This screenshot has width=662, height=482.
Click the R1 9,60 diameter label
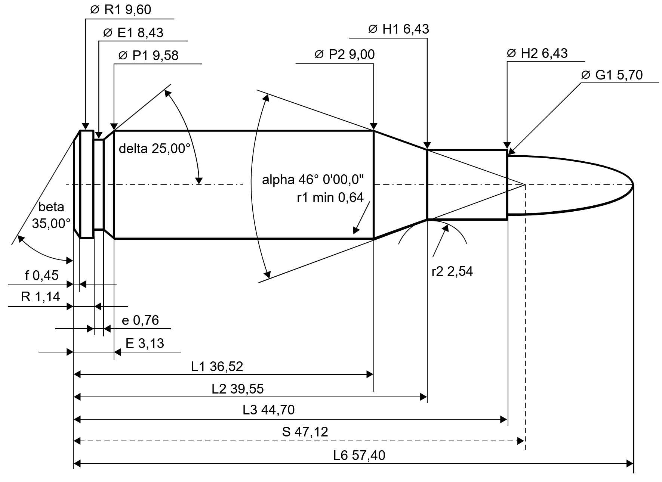(x=121, y=10)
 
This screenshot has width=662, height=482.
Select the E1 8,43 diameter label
(x=133, y=33)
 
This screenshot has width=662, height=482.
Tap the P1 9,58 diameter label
(x=148, y=56)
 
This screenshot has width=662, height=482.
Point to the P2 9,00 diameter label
(x=344, y=55)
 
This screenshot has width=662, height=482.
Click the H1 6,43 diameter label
(x=398, y=29)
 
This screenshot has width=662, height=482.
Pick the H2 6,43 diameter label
(x=537, y=53)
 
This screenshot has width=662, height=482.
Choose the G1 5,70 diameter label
(x=612, y=75)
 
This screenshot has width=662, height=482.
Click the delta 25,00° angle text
(x=155, y=149)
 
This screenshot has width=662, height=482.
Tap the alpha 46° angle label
(x=313, y=180)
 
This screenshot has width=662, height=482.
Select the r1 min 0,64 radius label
(x=330, y=198)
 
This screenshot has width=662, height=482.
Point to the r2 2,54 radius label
(x=452, y=271)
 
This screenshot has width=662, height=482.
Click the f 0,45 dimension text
(x=42, y=276)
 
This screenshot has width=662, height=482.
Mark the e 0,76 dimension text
(x=141, y=320)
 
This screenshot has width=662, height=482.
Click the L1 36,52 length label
(x=217, y=366)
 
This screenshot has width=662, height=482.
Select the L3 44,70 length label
(x=269, y=410)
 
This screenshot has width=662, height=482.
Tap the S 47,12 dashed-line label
(x=305, y=432)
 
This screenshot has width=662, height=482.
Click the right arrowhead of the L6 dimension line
(x=630, y=464)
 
